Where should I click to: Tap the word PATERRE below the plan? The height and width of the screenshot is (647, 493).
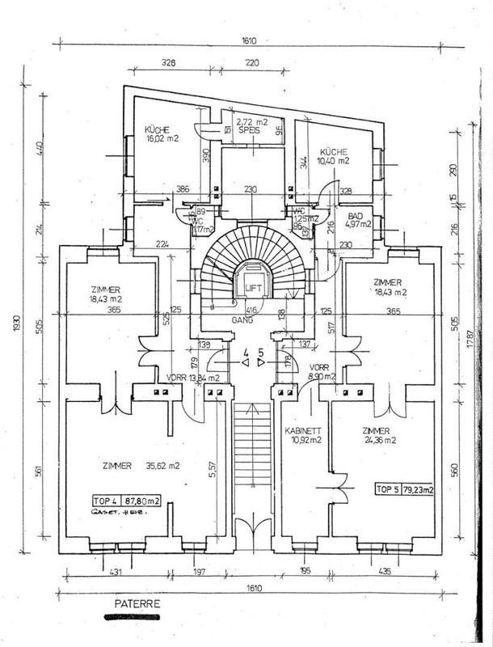click(x=137, y=604)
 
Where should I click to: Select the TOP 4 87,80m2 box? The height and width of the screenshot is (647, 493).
click(x=127, y=501)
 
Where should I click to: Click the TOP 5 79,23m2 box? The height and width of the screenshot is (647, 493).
click(x=404, y=489)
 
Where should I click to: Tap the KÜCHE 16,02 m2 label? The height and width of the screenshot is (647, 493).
click(x=162, y=134)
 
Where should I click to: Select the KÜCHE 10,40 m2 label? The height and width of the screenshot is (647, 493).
click(x=334, y=156)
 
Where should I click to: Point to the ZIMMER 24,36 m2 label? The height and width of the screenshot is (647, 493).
click(x=377, y=435)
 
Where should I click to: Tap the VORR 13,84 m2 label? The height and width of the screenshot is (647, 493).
click(x=193, y=378)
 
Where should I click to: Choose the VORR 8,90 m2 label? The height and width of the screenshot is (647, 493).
click(x=327, y=371)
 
